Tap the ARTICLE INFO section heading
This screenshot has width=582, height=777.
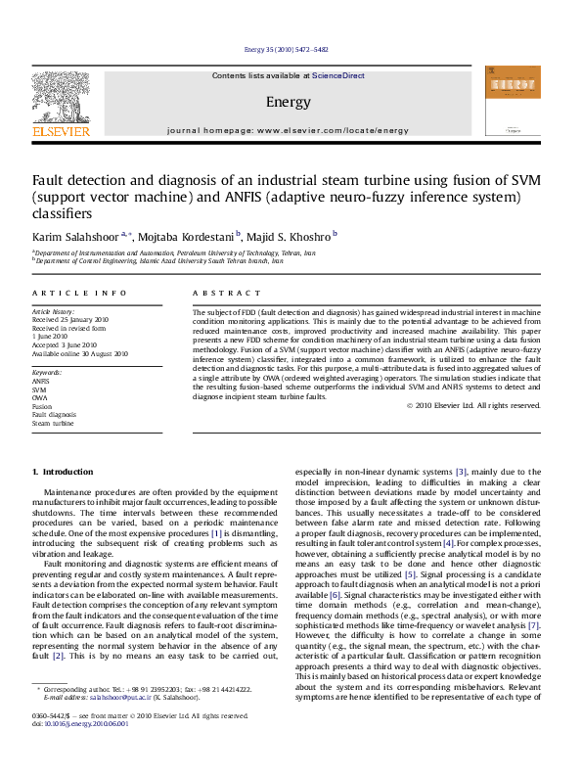tap(79, 293)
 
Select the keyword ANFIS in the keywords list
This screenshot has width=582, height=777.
tap(41, 381)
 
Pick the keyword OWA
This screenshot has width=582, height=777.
tap(40, 397)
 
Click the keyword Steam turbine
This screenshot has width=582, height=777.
tap(53, 423)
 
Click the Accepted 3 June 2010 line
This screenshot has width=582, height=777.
tap(65, 344)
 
